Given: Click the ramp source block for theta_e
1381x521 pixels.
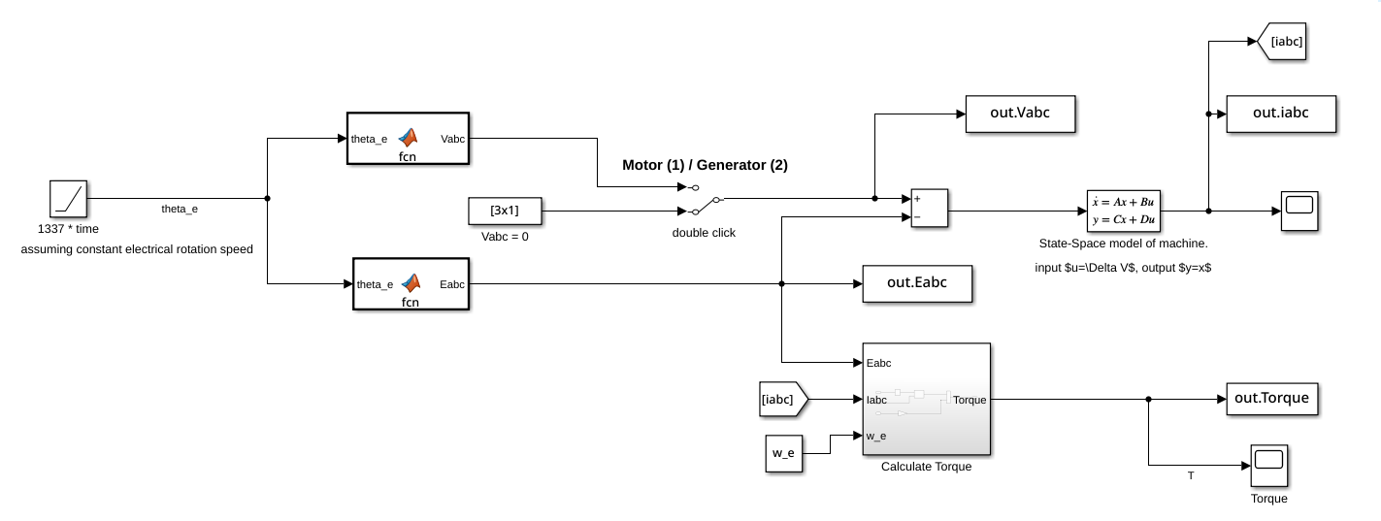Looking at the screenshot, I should [70, 199].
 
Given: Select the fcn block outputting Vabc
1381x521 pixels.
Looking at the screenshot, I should [409, 139].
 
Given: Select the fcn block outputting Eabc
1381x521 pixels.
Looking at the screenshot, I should [411, 284].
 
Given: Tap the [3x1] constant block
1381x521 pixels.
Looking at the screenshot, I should [505, 210].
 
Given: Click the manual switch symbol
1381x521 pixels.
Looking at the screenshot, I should [704, 198].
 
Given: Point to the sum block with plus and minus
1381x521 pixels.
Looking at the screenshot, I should [929, 208].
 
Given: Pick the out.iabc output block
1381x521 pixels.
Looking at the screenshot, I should [1281, 114].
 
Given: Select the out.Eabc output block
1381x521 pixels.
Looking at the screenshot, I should [917, 283].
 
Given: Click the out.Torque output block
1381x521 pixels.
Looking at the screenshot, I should [1272, 399].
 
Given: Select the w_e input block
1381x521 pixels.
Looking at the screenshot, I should [784, 454].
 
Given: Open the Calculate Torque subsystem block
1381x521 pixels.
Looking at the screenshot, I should [926, 399].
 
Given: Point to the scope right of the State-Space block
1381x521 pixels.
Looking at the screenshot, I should [1299, 211].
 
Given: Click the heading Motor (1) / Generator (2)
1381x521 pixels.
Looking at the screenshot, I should [705, 165].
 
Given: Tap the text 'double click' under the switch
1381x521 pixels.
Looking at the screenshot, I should [704, 233].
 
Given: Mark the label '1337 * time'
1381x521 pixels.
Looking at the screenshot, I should [68, 229].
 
